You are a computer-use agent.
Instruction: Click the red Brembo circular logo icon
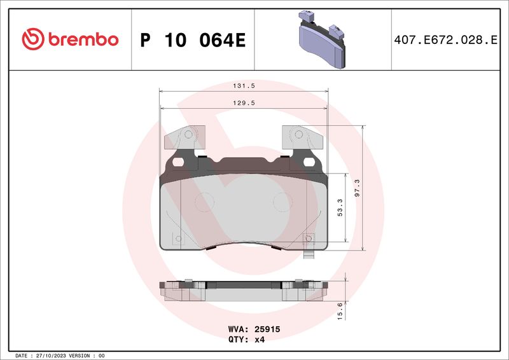click(x=33, y=39)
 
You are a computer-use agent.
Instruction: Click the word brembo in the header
click(x=83, y=39)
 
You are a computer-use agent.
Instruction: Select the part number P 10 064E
click(x=193, y=40)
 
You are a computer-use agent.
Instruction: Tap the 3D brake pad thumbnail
click(x=322, y=39)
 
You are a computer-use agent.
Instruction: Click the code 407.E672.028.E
click(x=445, y=39)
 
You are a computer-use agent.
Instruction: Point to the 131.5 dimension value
click(x=244, y=86)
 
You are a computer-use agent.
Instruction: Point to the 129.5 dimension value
click(x=244, y=103)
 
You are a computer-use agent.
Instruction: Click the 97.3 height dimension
click(x=357, y=188)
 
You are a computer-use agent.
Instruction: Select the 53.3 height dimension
click(x=340, y=208)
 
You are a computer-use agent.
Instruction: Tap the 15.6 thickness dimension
click(x=340, y=311)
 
